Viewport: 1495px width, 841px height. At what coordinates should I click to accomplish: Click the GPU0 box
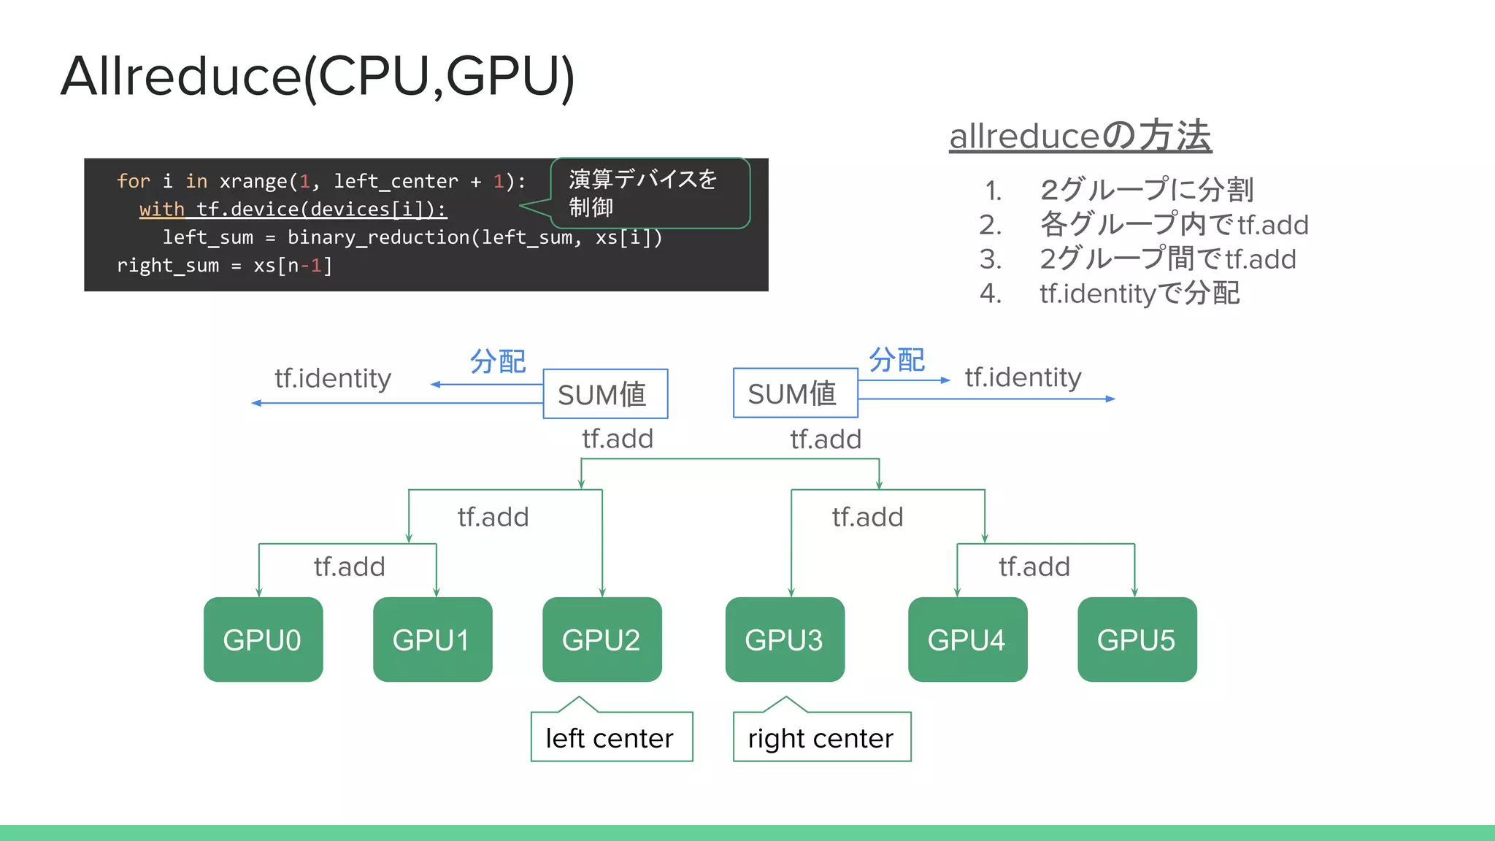pyautogui.click(x=263, y=640)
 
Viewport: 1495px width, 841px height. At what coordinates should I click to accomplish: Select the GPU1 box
pyautogui.click(x=432, y=640)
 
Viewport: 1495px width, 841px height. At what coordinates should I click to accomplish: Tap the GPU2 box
pyautogui.click(x=602, y=640)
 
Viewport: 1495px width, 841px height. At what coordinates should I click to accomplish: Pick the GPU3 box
pyautogui.click(x=785, y=640)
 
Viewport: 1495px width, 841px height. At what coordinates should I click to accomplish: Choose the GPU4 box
pyautogui.click(x=967, y=640)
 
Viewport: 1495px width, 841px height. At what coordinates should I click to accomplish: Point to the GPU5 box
pyautogui.click(x=1137, y=640)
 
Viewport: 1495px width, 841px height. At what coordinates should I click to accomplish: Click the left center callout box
pyautogui.click(x=611, y=737)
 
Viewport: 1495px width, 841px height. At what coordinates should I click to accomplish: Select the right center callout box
pyautogui.click(x=821, y=737)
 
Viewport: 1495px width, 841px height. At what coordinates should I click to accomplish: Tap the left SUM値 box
pyautogui.click(x=605, y=394)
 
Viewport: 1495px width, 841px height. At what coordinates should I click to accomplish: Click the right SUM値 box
pyautogui.click(x=795, y=393)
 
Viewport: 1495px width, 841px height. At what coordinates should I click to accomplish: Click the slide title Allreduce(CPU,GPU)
pyautogui.click(x=318, y=76)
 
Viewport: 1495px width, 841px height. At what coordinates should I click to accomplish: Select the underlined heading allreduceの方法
pyautogui.click(x=1080, y=136)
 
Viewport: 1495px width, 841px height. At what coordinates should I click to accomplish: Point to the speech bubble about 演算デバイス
pyautogui.click(x=650, y=193)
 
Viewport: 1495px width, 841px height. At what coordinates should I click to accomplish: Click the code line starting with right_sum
pyautogui.click(x=225, y=266)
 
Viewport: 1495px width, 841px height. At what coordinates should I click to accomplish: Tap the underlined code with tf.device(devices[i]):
pyautogui.click(x=293, y=210)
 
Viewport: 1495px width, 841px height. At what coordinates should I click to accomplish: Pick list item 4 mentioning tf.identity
pyautogui.click(x=1139, y=293)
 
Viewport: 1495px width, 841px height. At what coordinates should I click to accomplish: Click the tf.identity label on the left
pyautogui.click(x=333, y=378)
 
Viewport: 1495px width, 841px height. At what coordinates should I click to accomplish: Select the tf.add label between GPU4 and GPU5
pyautogui.click(x=1034, y=567)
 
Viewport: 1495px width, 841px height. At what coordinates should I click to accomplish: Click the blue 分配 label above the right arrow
pyautogui.click(x=896, y=360)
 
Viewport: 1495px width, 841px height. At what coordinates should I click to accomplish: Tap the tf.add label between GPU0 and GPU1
pyautogui.click(x=349, y=567)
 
